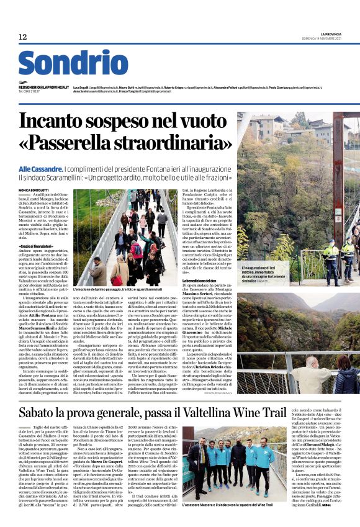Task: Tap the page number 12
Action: (24, 37)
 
